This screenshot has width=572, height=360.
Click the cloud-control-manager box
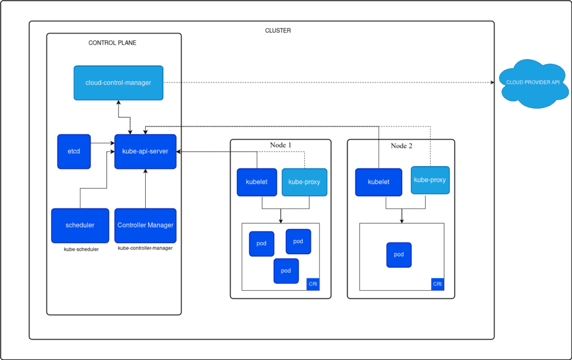coord(118,83)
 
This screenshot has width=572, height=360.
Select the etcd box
coord(74,151)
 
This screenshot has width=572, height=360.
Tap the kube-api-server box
coord(145,151)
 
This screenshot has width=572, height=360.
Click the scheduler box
coord(80,225)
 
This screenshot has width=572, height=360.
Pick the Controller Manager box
coord(145,225)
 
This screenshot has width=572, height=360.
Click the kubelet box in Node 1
coord(257,182)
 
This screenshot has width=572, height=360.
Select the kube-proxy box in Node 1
coord(304,182)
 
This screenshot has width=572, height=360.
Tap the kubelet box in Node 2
coord(378,182)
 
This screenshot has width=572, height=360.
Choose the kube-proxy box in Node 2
coord(430,180)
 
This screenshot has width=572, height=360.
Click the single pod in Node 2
coord(399,255)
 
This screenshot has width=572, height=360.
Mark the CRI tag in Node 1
coord(313,285)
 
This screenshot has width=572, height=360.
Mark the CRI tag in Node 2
coord(438,285)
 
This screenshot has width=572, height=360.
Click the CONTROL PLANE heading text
coord(112,43)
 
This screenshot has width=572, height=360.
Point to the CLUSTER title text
coord(278,31)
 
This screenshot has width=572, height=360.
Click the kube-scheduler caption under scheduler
coord(82,249)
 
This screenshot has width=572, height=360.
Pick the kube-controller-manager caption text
coord(145,248)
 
